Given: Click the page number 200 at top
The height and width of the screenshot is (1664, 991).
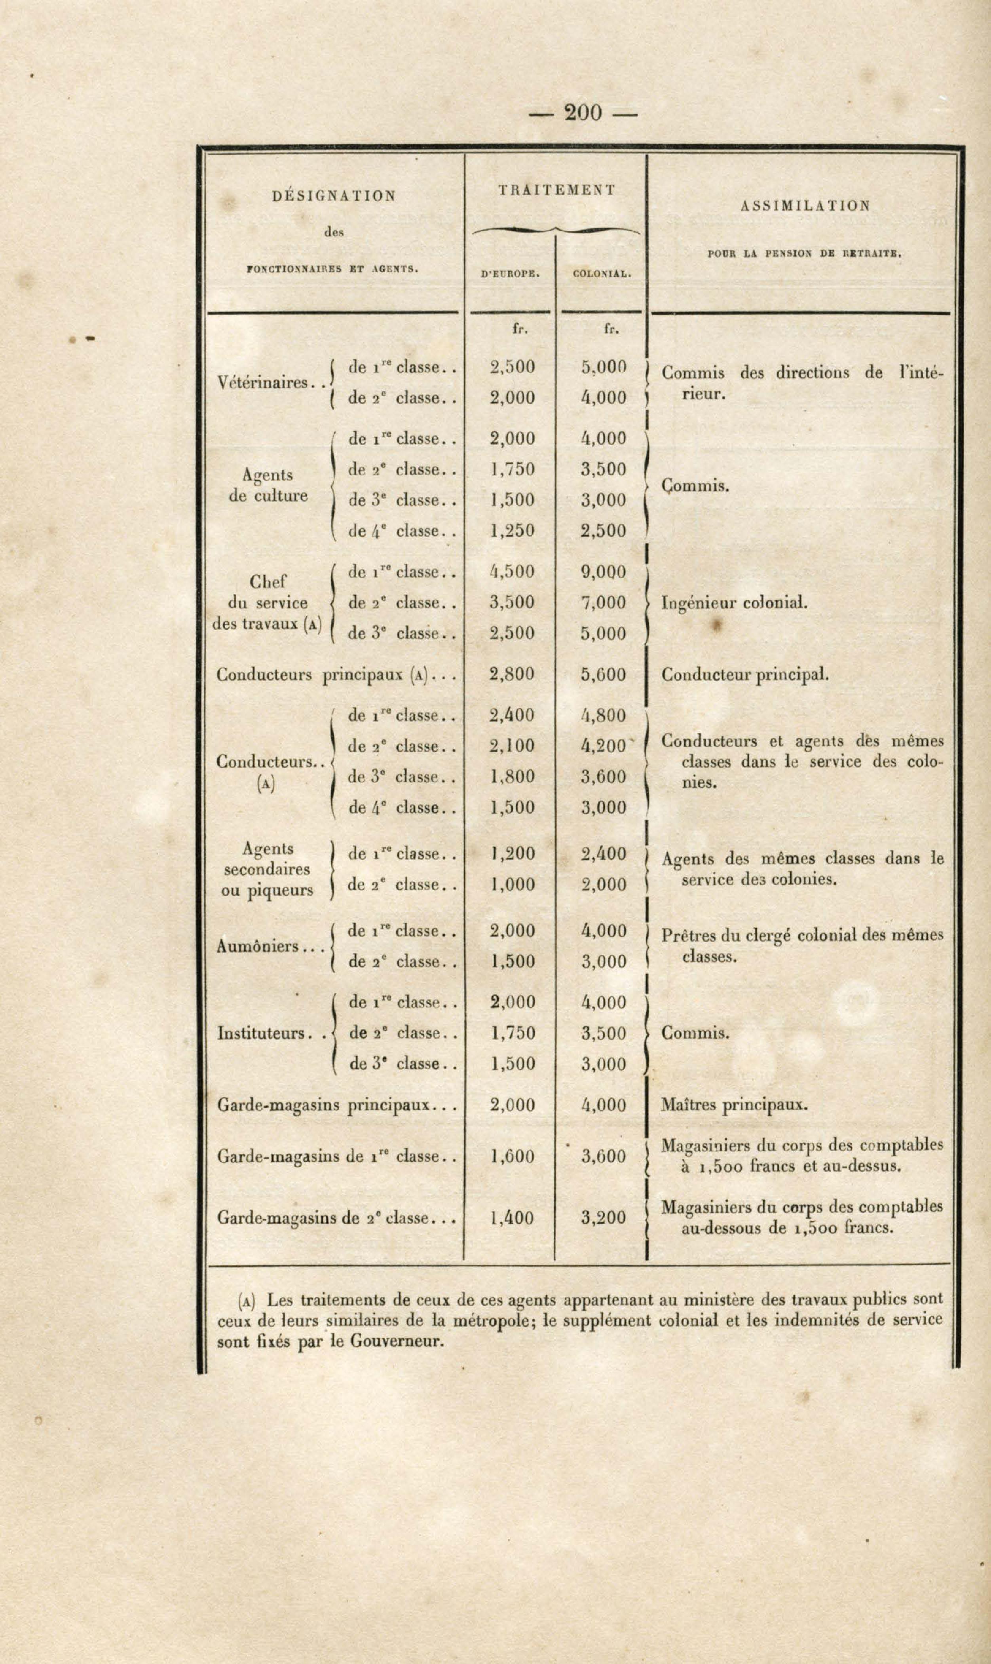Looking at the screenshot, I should [583, 113].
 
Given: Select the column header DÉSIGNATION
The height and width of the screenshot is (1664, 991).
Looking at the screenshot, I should [334, 196].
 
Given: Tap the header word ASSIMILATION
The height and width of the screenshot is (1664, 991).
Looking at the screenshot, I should [805, 206].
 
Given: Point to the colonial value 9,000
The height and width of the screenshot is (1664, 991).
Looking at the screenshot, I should [603, 572].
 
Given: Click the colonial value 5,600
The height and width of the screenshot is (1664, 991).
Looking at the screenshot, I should [603, 674].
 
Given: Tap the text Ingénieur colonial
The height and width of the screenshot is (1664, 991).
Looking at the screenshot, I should [734, 603].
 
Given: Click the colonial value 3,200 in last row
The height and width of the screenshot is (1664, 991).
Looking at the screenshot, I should [603, 1217].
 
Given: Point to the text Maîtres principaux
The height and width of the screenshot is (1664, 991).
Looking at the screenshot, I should [734, 1104].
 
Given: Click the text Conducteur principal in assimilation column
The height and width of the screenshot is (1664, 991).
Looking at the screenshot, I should [744, 674].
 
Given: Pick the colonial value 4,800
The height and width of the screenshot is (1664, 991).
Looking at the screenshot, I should [603, 715].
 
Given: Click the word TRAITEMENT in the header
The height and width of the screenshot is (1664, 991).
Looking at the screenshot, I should [556, 190].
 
